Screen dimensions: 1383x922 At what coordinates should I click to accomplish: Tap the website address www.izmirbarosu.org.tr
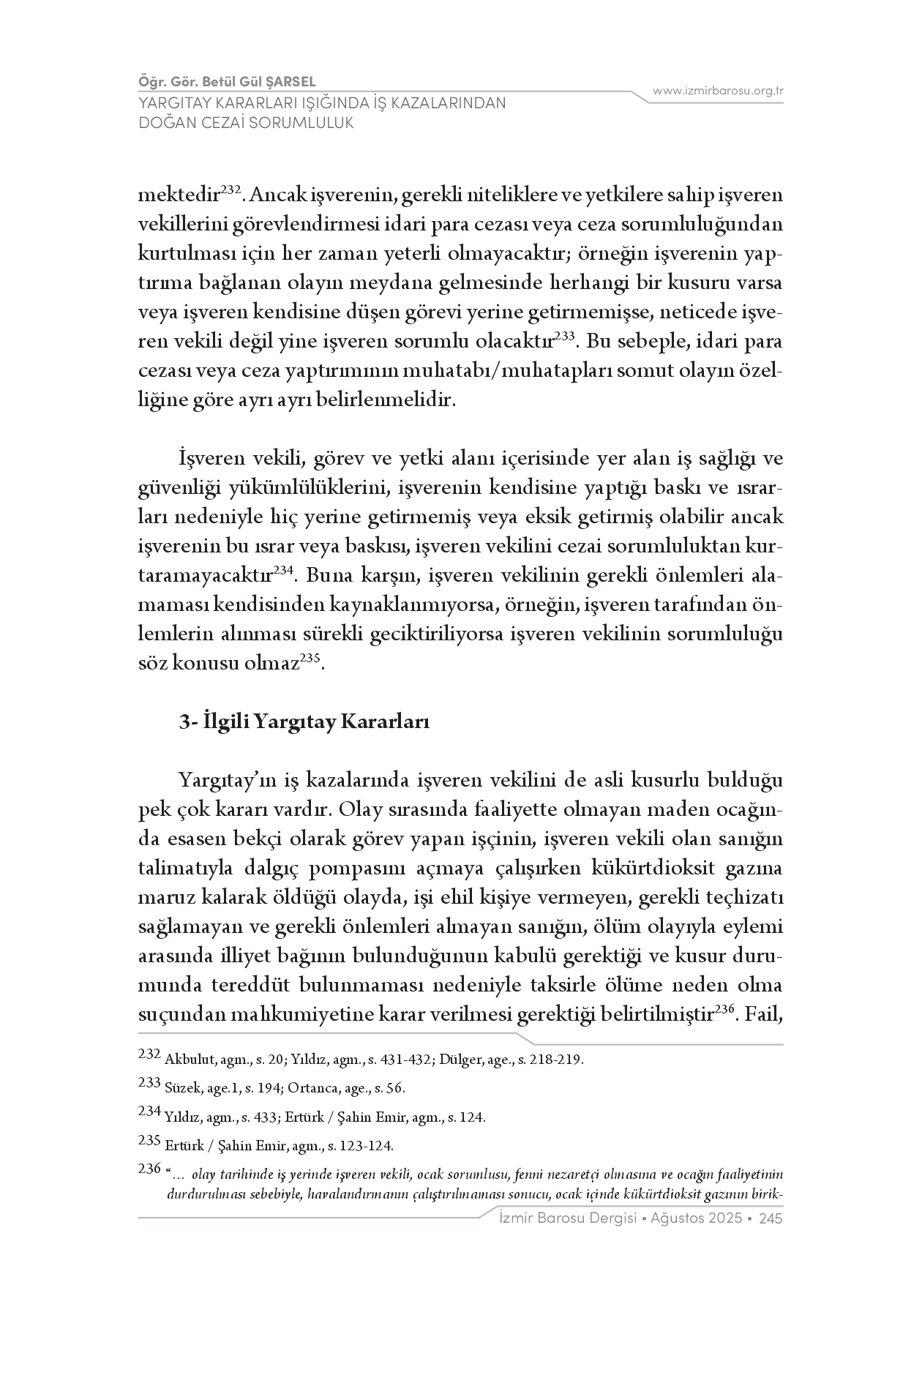pos(718,91)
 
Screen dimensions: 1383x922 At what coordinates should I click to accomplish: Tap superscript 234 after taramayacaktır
pos(284,569)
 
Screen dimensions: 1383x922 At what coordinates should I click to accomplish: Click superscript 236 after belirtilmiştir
pos(724,1008)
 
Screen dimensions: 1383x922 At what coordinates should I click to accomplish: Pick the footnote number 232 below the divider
pos(149,1054)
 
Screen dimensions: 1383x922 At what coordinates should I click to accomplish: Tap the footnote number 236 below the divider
pos(149,1169)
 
